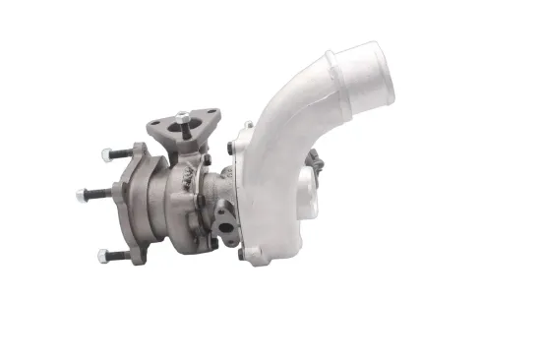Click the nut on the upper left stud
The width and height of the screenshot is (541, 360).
coord(106,154)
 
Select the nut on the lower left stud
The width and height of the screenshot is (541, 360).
coord(103,256)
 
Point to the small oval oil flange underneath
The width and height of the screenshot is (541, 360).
coord(225,221)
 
